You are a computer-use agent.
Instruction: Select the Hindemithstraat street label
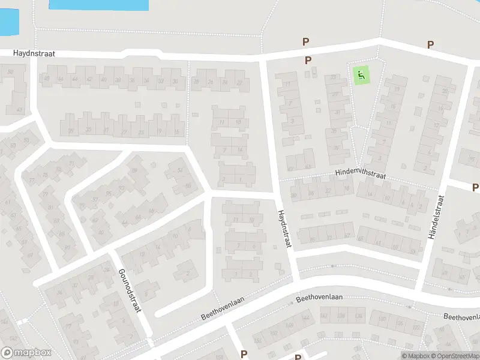tap(360, 174)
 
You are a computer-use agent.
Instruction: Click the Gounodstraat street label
tap(130, 291)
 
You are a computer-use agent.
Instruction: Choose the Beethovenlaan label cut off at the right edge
tap(461, 316)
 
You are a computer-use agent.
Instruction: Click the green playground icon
tap(361, 76)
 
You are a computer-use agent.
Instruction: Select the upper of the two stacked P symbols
tap(305, 42)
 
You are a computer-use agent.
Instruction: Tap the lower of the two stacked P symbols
tap(308, 60)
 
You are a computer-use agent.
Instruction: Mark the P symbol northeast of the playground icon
tap(430, 44)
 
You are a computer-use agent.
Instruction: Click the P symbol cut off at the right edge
tap(476, 188)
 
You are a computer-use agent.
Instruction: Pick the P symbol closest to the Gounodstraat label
tap(244, 354)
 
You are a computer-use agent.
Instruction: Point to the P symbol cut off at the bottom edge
tap(298, 357)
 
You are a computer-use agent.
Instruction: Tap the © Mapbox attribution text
tap(415, 356)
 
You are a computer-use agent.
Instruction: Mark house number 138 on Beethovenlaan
tap(341, 316)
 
